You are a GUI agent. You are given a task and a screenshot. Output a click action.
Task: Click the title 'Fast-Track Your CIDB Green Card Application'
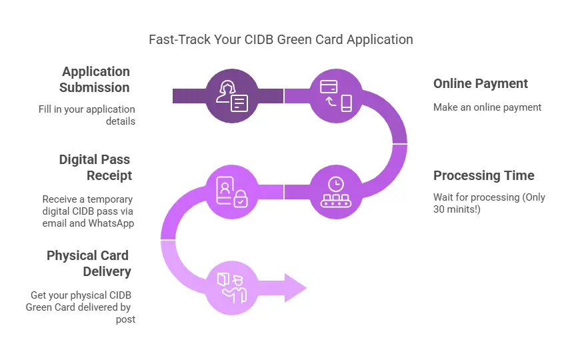click(281, 39)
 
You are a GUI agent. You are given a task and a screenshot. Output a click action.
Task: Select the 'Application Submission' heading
click(95, 79)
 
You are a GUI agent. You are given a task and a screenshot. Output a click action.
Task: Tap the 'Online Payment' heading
click(480, 83)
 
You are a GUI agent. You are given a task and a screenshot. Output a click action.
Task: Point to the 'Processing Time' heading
click(483, 176)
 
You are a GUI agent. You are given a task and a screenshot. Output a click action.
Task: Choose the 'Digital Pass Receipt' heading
click(95, 167)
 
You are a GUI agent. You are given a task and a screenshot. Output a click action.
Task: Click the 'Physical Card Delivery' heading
click(89, 263)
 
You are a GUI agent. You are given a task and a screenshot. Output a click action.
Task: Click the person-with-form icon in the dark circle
click(231, 96)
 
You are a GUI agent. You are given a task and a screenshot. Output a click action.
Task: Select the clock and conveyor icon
click(336, 192)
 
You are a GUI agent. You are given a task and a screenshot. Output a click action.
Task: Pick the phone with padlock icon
click(231, 192)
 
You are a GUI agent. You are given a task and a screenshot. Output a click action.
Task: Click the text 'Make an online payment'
click(477, 107)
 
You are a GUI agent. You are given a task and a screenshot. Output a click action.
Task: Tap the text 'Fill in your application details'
click(87, 115)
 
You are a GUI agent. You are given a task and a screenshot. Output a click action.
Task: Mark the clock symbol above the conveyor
click(336, 183)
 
